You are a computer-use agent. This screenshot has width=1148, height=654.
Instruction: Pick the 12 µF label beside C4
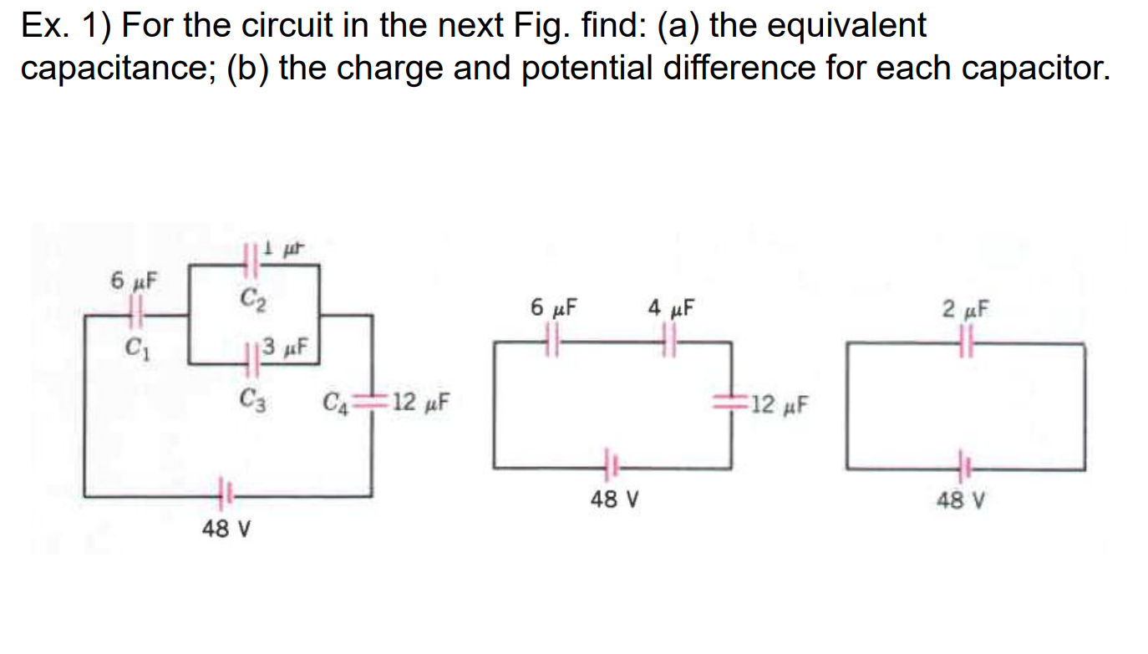point(419,403)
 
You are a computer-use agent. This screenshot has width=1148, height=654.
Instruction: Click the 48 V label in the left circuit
point(226,529)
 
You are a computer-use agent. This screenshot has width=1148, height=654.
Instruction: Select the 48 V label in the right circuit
point(961,501)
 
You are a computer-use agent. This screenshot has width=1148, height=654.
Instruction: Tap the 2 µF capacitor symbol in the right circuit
point(967,342)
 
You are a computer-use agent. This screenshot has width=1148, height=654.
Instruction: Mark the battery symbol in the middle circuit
point(609,464)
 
